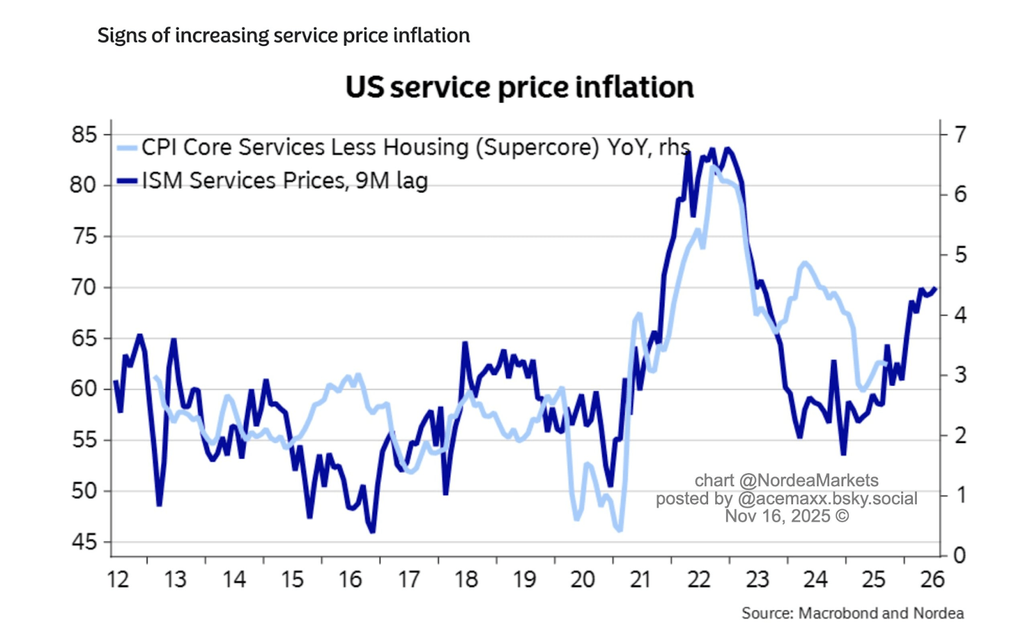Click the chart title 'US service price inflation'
point(520,88)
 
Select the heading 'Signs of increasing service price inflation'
point(283,35)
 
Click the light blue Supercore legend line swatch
point(127,148)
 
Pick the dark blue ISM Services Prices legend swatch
point(127,181)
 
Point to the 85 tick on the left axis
point(84,135)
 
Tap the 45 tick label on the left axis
point(84,542)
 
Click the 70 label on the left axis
point(84,287)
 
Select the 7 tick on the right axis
point(960,135)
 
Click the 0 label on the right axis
point(960,555)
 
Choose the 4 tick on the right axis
point(960,315)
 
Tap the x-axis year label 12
point(118,579)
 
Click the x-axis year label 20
point(582,579)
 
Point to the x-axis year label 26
point(932,579)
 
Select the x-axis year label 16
point(350,579)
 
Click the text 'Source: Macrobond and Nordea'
point(852,613)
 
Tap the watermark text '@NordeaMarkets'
point(809,480)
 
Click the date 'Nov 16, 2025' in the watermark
point(778,516)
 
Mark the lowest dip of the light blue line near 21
point(620,530)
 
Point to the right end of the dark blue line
point(935,288)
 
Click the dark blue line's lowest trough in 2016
point(372,532)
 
